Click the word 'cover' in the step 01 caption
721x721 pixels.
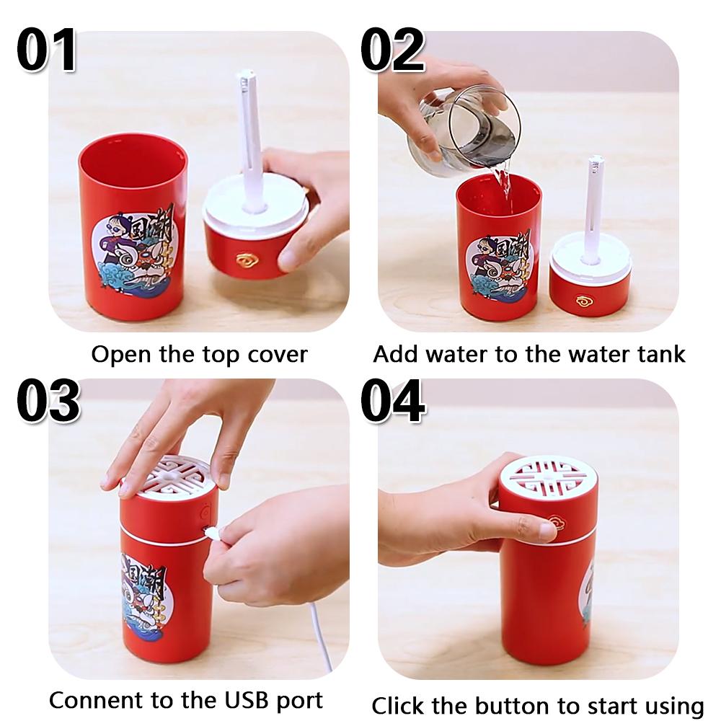(278, 355)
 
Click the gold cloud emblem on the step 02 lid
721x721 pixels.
(585, 300)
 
